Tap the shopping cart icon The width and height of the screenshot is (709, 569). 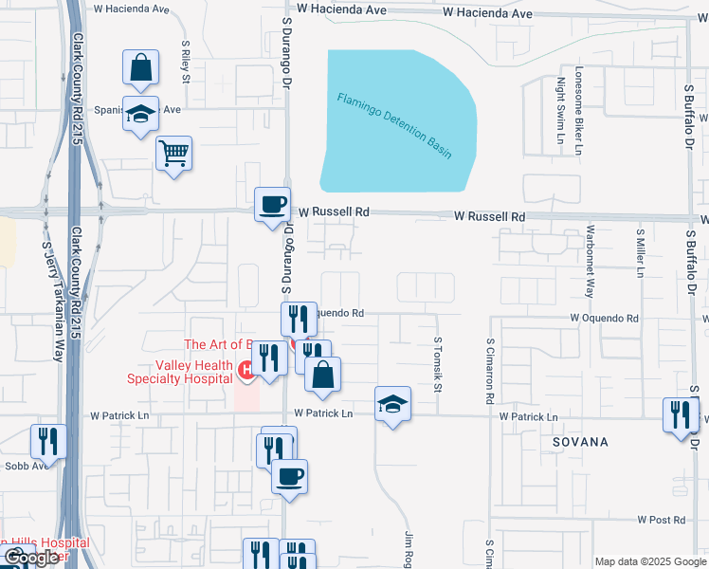click(173, 153)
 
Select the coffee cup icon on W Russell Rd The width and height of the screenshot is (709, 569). click(273, 204)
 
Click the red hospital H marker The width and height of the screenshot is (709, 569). click(245, 369)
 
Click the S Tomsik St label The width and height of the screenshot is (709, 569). click(438, 365)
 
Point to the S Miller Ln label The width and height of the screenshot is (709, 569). click(641, 252)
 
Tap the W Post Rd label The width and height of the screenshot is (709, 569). click(661, 520)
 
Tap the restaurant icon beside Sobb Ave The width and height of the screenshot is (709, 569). click(47, 441)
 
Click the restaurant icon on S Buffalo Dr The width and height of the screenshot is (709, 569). click(681, 414)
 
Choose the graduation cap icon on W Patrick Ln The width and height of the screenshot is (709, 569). click(392, 404)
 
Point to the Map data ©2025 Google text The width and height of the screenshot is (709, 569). click(650, 561)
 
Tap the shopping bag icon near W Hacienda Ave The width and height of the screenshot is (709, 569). click(140, 68)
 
